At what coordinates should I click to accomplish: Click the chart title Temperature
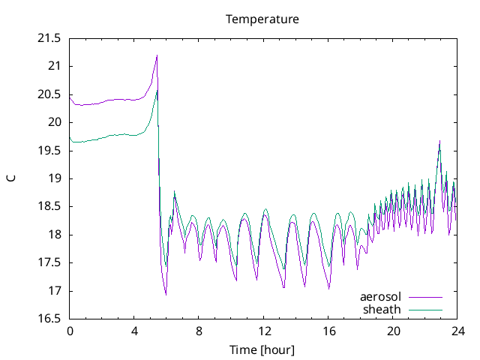[x=262, y=19]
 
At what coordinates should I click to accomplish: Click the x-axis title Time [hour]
[x=262, y=349]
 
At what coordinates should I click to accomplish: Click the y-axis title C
[x=11, y=178]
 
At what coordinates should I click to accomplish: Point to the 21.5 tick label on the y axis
[x=49, y=38]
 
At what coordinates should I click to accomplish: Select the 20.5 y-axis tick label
[x=49, y=94]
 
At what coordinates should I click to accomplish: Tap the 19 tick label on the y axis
[x=55, y=178]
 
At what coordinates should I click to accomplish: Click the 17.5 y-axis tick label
[x=49, y=262]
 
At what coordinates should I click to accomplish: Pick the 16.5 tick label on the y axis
[x=49, y=319]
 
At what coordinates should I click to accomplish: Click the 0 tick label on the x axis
[x=70, y=331]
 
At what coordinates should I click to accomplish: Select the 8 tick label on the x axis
[x=199, y=331]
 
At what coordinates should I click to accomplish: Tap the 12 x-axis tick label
[x=264, y=331]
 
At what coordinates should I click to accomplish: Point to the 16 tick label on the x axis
[x=328, y=331]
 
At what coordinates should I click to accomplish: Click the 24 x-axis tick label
[x=458, y=331]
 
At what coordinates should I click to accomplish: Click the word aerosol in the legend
[x=380, y=297]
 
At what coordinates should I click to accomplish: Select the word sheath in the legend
[x=382, y=310]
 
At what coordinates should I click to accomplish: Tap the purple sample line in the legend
[x=425, y=297]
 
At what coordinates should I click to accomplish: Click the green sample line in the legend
[x=425, y=310]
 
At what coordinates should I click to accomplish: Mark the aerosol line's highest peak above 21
[x=157, y=55]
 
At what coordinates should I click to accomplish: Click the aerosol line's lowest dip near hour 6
[x=166, y=295]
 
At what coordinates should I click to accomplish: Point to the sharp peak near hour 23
[x=440, y=141]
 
